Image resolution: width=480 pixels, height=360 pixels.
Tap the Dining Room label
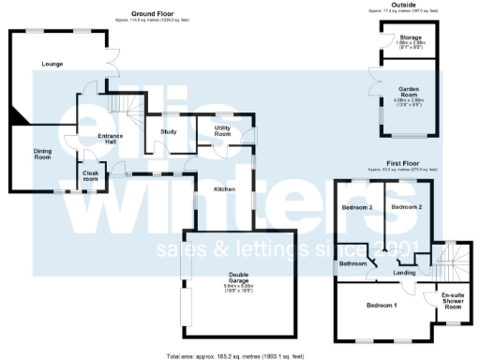click(x=43, y=155)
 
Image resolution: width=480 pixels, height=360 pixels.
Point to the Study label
click(x=169, y=131)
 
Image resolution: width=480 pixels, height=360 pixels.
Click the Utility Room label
click(x=222, y=130)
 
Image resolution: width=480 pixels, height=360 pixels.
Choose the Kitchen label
click(x=224, y=189)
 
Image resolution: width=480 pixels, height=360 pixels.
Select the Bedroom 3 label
click(x=357, y=207)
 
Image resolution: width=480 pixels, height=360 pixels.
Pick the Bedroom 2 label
click(x=407, y=206)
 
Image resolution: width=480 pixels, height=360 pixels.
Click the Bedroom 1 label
click(x=382, y=306)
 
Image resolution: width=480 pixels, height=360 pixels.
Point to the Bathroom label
click(x=352, y=263)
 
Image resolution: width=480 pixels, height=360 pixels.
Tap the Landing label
click(x=404, y=272)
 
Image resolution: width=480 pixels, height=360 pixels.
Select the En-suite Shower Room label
click(x=453, y=301)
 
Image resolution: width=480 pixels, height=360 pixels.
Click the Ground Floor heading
click(x=152, y=14)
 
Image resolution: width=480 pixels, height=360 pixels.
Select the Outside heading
click(x=405, y=5)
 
